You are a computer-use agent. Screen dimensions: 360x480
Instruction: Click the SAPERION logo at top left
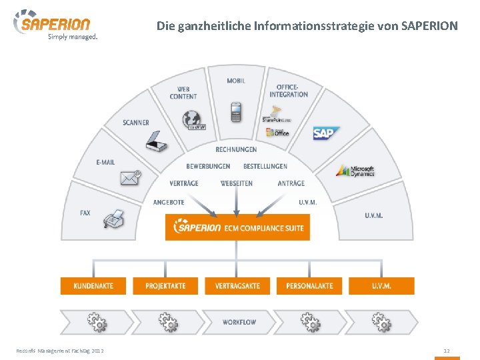(x=53, y=25)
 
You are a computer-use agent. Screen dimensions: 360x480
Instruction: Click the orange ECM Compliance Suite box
(x=237, y=228)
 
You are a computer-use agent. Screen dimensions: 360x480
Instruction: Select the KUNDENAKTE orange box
(x=93, y=286)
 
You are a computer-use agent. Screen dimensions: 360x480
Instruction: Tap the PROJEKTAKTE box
(x=165, y=286)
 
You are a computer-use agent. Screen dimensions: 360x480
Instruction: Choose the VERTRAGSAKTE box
(x=237, y=286)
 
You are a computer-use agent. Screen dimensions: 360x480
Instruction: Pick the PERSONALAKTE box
(x=309, y=286)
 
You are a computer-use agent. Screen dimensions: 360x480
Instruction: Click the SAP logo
(x=326, y=133)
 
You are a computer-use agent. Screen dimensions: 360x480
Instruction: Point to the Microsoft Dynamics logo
(x=355, y=171)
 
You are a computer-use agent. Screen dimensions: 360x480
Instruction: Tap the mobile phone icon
(x=236, y=111)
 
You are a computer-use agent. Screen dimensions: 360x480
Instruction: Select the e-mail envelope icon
(x=130, y=178)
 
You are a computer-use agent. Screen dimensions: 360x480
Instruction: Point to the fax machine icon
(x=115, y=219)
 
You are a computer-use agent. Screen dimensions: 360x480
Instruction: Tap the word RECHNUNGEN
(x=236, y=149)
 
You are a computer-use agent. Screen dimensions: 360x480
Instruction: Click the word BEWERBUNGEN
(x=208, y=166)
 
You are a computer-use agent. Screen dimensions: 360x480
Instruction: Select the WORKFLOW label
(x=239, y=322)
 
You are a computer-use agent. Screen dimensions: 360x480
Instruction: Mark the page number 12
(x=447, y=351)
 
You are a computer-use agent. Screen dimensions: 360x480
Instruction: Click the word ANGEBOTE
(x=169, y=202)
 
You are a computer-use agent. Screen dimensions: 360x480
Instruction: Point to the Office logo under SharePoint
(x=277, y=131)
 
